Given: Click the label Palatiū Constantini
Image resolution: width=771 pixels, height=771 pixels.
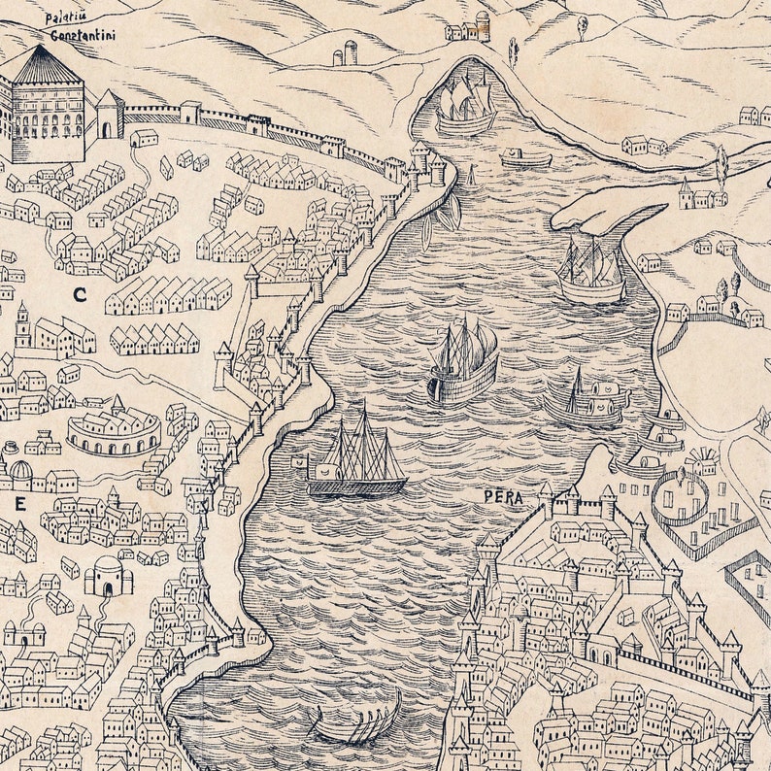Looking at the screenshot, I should [x=77, y=26].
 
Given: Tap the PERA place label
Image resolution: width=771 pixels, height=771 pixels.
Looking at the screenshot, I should [x=503, y=497].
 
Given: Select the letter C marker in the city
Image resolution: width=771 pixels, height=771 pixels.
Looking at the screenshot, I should [x=79, y=293].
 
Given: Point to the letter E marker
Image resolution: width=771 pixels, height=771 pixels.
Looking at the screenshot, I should [x=19, y=503].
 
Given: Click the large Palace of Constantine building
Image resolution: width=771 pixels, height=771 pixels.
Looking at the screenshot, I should [x=43, y=107].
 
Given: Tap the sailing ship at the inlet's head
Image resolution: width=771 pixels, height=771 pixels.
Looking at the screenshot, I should [x=464, y=104].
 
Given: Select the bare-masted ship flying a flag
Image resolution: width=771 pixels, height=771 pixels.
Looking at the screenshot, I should [x=356, y=456].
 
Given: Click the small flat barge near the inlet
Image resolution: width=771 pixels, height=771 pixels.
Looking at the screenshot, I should [x=525, y=158].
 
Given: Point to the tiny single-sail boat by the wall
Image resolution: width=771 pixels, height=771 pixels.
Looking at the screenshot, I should [x=472, y=177].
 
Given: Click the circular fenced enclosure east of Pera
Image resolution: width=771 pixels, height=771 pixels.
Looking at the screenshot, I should [x=679, y=495].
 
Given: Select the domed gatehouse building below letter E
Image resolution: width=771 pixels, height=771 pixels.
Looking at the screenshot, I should [x=107, y=576].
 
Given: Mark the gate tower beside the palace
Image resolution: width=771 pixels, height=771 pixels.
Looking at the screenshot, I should [x=109, y=115].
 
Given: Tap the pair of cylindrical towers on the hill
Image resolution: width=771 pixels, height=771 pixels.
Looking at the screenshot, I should [x=345, y=53].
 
